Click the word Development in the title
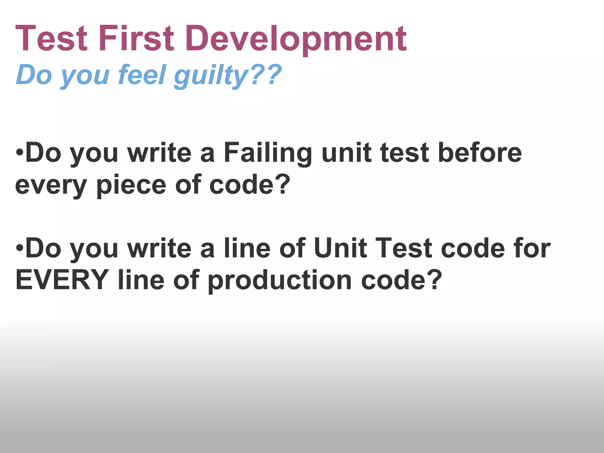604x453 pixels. [296, 39]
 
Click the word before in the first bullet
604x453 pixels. [480, 152]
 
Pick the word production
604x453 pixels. [280, 280]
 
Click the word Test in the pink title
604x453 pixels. [51, 39]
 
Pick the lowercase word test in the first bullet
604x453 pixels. [404, 153]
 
